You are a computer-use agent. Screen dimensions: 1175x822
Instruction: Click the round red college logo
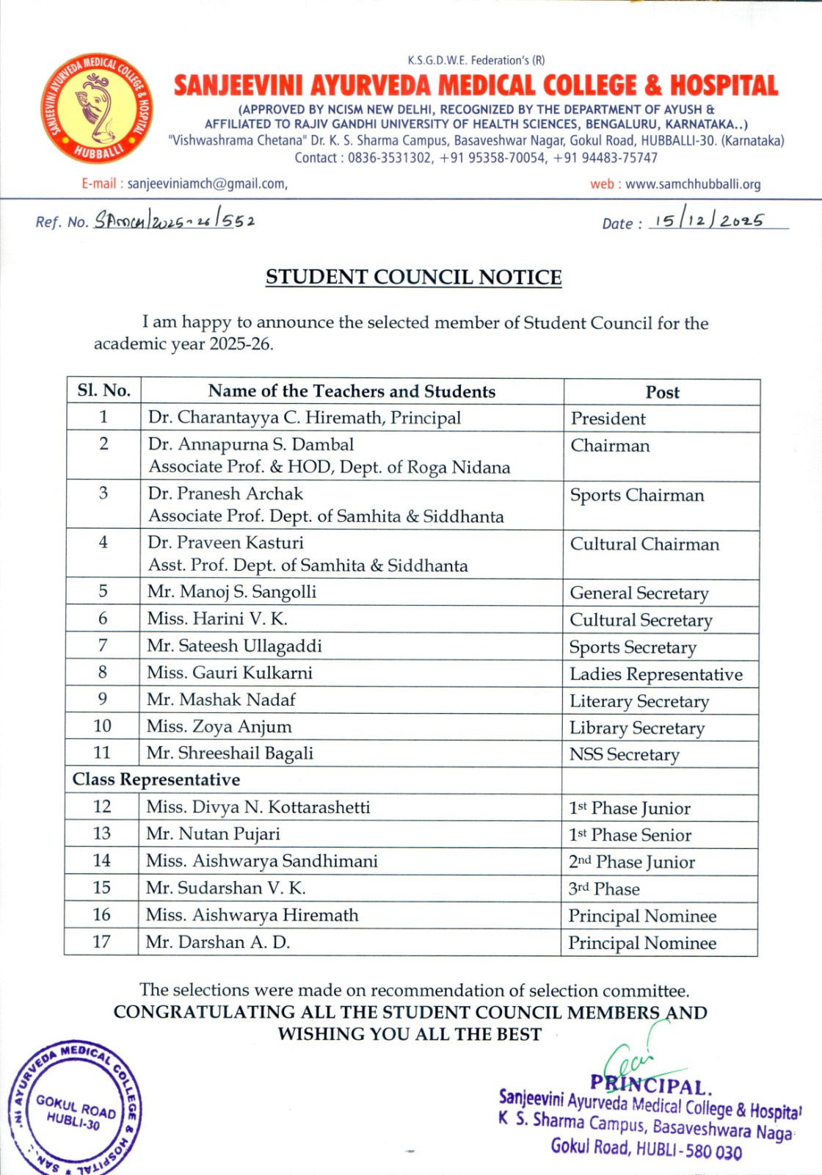click(98, 108)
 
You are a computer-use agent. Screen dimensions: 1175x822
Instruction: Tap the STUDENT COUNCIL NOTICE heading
click(413, 277)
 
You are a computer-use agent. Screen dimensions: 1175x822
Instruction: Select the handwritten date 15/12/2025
click(708, 221)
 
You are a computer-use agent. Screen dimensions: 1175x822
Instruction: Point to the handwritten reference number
click(175, 220)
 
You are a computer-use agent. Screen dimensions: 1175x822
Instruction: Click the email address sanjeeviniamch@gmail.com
click(207, 184)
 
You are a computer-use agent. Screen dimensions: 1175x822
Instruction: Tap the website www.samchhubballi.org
click(693, 184)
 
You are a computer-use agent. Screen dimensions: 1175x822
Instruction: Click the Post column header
click(662, 392)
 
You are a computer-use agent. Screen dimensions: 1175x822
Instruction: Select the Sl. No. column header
click(103, 391)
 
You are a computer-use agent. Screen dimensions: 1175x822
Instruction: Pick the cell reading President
click(608, 419)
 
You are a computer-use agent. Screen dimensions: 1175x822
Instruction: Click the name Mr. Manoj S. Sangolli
click(232, 592)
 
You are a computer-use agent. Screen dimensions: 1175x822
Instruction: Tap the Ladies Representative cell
click(656, 674)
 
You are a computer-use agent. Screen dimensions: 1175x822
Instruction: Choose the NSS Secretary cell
click(625, 755)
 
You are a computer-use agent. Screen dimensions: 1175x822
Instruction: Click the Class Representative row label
click(156, 780)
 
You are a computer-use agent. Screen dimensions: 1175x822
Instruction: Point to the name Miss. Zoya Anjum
click(219, 727)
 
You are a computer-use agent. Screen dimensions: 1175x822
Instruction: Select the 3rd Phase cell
click(604, 889)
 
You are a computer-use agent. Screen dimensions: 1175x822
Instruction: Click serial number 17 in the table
click(101, 942)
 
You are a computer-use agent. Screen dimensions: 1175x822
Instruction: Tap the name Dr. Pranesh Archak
click(225, 493)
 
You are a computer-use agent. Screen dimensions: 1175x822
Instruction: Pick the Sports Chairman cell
click(637, 496)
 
